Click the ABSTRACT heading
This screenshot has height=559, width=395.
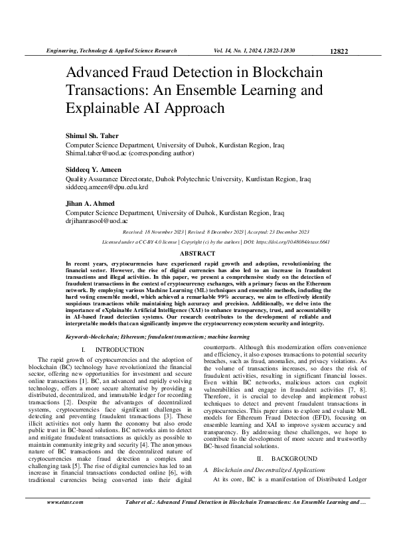tap(197, 254)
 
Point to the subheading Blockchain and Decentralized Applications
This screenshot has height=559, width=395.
tap(274, 469)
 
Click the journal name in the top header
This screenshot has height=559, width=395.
tap(110, 50)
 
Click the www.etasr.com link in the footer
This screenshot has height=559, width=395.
tap(63, 521)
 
